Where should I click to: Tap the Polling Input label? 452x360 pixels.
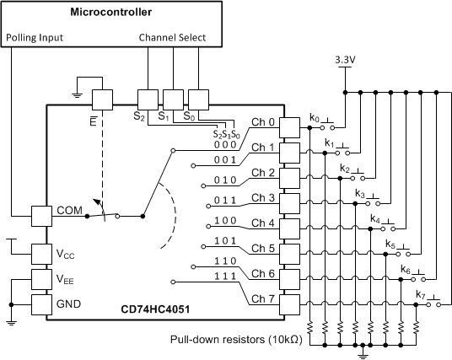coord(36,39)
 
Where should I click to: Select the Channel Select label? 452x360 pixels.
coord(172,39)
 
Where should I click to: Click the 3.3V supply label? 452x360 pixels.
coord(345,60)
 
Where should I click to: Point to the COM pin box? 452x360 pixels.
coord(42,215)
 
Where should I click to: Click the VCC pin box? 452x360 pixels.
coord(42,253)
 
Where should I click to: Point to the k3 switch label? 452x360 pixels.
coord(359,194)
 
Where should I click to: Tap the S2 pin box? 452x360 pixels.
coord(148,100)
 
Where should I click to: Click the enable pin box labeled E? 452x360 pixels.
coord(102,100)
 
